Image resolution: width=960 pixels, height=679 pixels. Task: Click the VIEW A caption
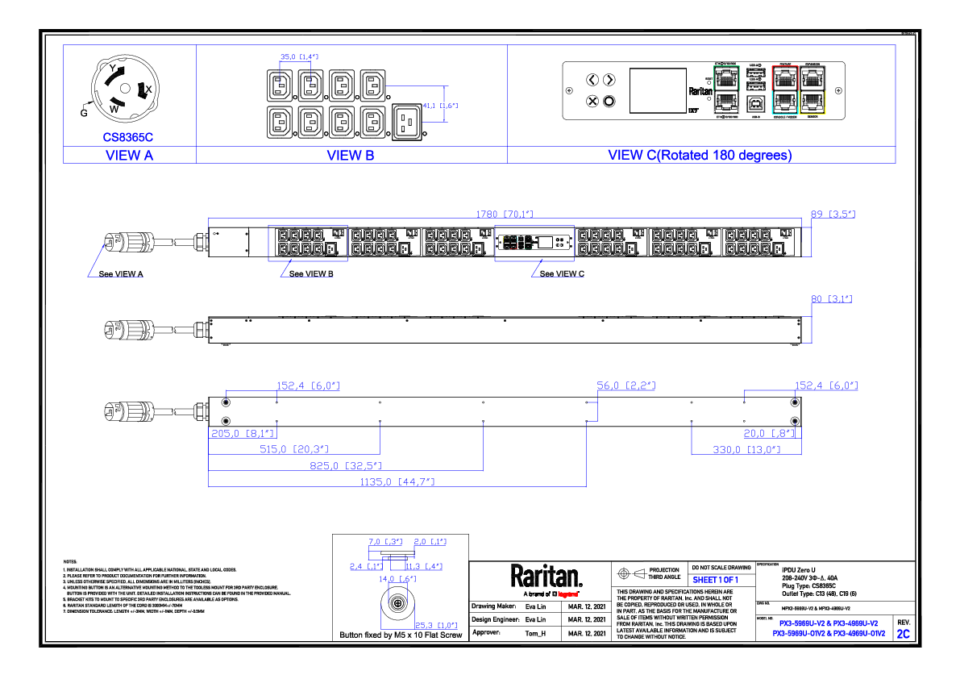tap(129, 156)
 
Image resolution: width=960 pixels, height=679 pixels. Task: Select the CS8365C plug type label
tap(127, 137)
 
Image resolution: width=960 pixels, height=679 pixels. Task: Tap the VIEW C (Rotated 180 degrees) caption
tap(700, 155)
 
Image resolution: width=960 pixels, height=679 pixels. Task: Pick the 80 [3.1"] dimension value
tap(831, 299)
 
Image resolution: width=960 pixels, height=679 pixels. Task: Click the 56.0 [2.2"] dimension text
tap(625, 386)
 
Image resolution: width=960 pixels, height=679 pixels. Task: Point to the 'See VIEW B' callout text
tap(311, 274)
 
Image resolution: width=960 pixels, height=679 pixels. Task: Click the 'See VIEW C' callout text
tap(562, 274)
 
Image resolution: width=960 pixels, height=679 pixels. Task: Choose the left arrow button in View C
tap(592, 80)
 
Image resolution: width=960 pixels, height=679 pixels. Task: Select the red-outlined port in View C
tap(783, 77)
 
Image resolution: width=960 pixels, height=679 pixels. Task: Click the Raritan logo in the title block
tap(546, 577)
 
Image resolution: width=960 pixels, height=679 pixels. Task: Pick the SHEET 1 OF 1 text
tap(716, 580)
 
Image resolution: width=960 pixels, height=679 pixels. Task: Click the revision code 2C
tap(903, 634)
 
